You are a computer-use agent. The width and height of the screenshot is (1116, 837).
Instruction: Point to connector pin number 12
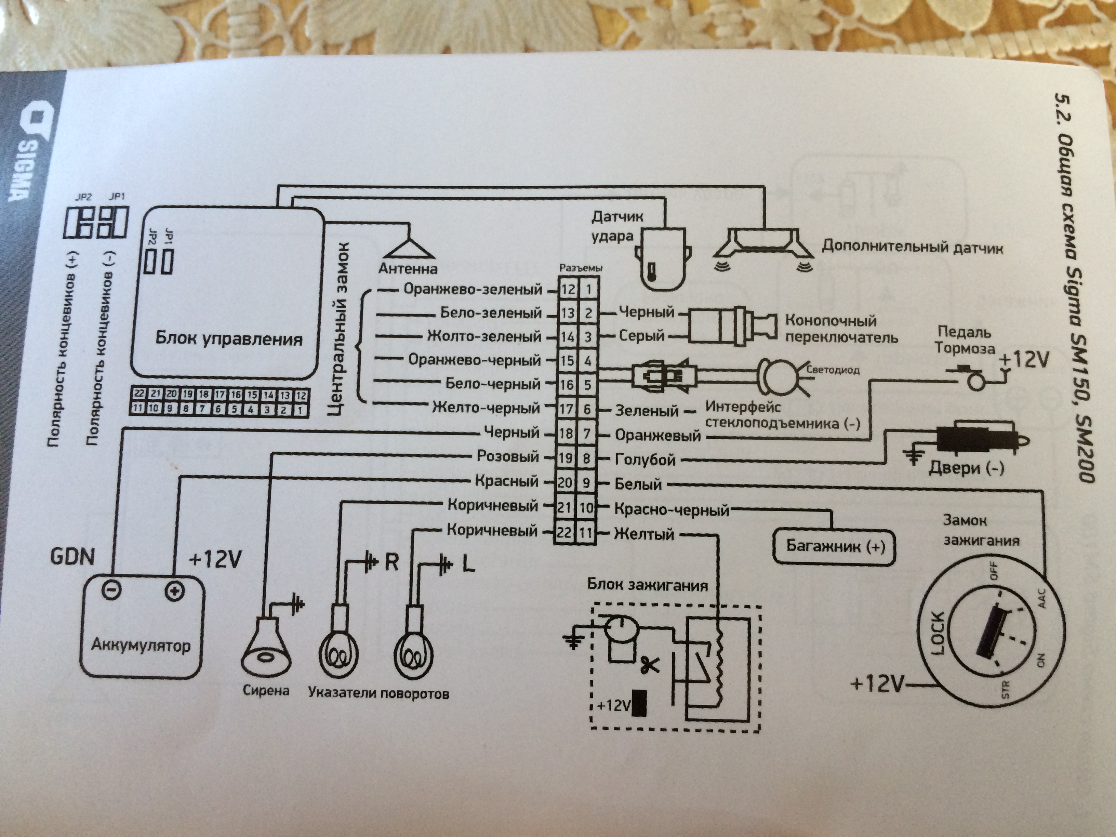tap(568, 290)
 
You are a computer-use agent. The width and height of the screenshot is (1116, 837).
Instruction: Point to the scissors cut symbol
tap(650, 665)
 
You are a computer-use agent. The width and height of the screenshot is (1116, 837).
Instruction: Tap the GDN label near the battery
tap(72, 557)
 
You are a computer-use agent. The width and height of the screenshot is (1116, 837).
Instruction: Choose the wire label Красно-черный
tap(672, 509)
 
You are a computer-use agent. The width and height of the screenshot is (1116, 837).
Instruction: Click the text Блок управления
tap(228, 338)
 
